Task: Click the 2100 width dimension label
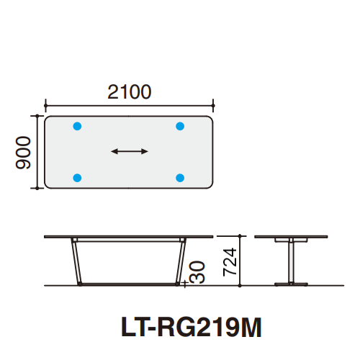130,91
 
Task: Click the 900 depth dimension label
22,152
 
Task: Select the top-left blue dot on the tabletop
78,126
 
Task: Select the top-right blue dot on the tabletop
180,126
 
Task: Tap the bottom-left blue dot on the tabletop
78,177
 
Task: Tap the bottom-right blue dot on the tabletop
180,177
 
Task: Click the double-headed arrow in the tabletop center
130,151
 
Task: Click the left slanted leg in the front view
76,261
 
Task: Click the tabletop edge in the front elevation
130,237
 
